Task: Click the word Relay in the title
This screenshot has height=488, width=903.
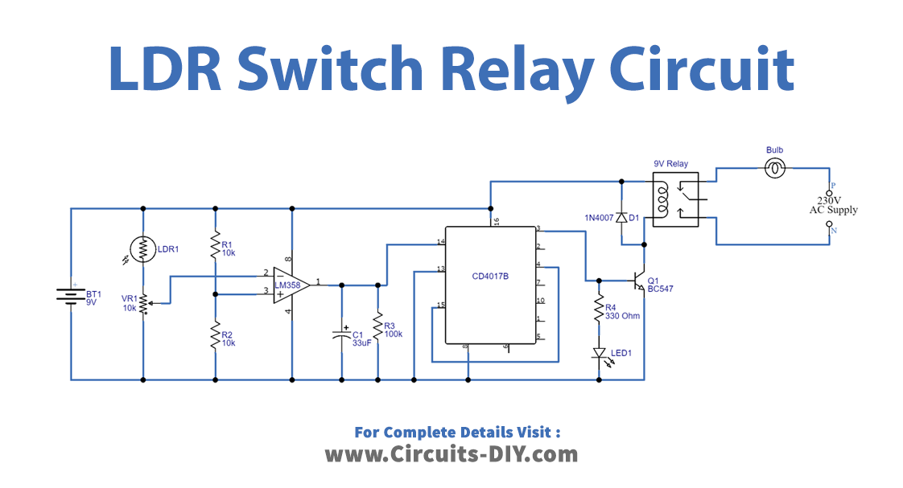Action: click(524, 69)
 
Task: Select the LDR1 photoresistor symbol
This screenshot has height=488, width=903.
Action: click(142, 249)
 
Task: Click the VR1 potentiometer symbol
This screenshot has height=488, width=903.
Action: click(143, 304)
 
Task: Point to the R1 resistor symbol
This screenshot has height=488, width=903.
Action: click(215, 245)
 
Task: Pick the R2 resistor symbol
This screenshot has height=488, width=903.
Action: click(215, 334)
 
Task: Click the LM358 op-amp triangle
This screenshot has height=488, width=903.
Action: click(290, 283)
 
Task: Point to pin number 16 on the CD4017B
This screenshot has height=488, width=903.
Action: click(496, 219)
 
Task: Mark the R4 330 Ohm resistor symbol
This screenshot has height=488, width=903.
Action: click(599, 310)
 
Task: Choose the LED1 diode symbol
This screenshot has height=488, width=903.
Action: click(599, 353)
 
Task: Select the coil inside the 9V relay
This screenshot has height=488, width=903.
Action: click(664, 199)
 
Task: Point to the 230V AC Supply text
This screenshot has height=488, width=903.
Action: click(833, 205)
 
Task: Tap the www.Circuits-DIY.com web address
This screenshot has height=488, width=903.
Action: click(451, 454)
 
